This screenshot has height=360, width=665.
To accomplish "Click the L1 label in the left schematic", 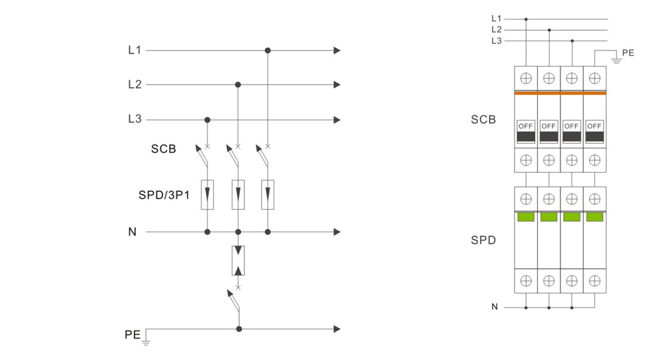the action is click(134, 50).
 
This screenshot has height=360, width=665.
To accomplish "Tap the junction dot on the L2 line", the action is click(238, 85).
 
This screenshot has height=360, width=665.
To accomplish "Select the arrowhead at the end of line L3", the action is click(337, 120).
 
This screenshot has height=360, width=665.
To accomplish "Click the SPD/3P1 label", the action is click(164, 195).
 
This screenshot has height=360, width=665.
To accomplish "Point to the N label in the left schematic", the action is click(132, 232).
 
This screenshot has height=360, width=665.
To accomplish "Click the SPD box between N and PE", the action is click(238, 260).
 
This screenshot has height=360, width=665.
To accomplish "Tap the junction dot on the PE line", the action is click(239, 329).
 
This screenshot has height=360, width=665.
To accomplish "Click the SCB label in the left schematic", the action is click(163, 149).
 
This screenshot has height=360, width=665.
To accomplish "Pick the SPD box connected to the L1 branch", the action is click(268, 194).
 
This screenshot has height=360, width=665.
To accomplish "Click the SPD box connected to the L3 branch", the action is click(208, 194).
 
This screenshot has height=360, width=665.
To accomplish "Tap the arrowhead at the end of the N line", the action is click(337, 232).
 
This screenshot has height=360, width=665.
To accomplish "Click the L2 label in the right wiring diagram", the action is click(496, 30).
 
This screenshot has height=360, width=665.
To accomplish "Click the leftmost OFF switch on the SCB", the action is click(526, 132).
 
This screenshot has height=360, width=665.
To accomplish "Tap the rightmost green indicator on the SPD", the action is click(594, 217).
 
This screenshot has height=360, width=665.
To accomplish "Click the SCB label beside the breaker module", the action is click(483, 120).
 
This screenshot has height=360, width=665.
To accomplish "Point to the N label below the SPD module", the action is click(495, 307).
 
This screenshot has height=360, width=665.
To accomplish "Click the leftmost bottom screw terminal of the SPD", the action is click(526, 281).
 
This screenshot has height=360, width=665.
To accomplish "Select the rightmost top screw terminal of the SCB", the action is click(594, 78).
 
